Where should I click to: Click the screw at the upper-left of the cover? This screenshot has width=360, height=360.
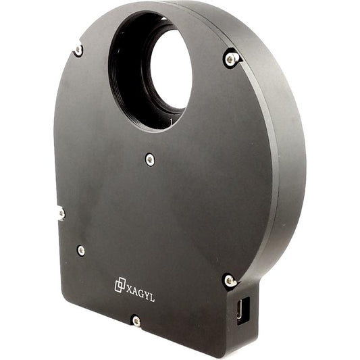79,50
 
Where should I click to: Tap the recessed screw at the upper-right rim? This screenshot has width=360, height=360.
231,59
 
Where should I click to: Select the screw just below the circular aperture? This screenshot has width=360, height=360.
150,159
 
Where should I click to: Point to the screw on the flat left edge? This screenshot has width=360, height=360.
61,213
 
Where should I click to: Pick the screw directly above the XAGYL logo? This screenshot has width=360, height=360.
81,251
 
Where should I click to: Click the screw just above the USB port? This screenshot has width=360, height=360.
230,280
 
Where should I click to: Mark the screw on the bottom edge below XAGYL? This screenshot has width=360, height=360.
136,321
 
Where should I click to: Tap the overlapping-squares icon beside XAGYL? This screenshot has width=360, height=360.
120,286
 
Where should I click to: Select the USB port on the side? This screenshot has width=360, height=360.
244,311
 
